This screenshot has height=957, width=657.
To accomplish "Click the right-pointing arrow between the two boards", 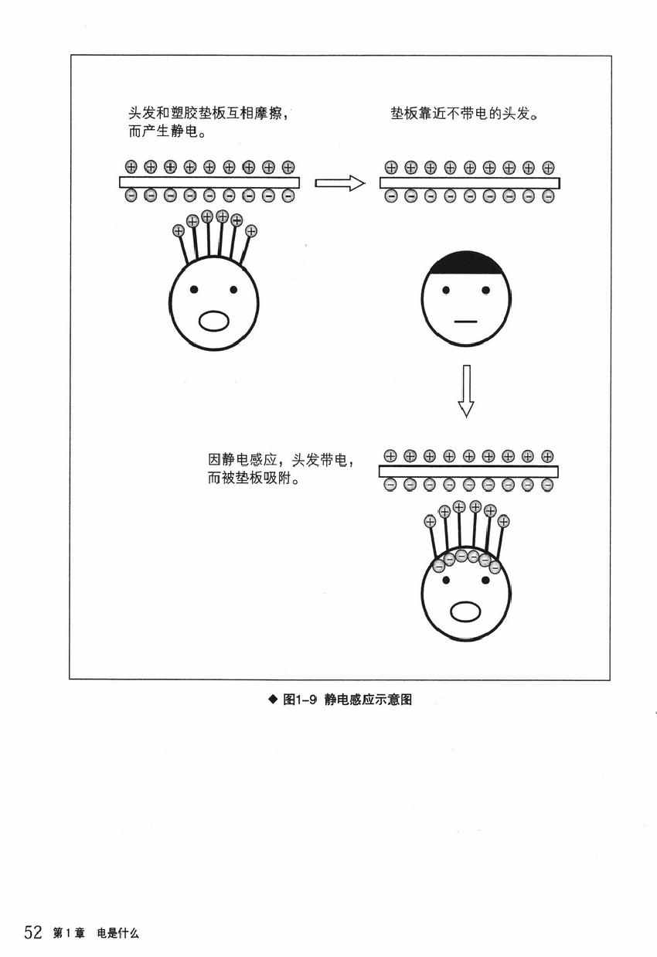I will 339,183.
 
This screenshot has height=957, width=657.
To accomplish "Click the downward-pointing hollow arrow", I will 465,390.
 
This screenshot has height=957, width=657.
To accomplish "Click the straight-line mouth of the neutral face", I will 465,321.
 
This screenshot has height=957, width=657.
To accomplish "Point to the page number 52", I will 32,932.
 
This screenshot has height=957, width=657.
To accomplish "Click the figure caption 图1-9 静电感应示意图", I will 346,700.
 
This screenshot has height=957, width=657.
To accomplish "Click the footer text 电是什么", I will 117,933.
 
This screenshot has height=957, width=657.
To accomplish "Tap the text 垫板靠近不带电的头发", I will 465,114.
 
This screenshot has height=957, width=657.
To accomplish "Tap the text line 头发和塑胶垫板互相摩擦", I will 209,114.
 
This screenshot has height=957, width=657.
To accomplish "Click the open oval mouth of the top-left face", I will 214,320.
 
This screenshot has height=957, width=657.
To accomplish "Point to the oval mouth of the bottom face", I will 465,611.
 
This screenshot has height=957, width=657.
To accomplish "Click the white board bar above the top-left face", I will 209,182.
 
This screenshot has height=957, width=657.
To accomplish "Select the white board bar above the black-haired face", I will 469,183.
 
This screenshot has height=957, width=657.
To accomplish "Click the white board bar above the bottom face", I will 468,472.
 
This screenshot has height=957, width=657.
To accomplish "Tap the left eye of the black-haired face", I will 446,290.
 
